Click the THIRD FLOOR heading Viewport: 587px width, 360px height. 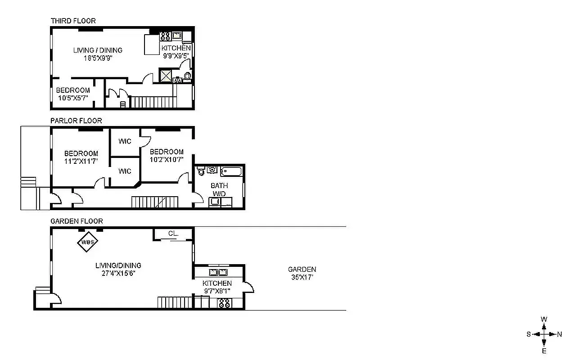pyautogui.click(x=73, y=21)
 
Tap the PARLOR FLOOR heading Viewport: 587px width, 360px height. pyautogui.click(x=76, y=121)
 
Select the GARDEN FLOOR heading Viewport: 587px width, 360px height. pyautogui.click(x=77, y=221)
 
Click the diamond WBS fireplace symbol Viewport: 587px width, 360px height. pyautogui.click(x=88, y=242)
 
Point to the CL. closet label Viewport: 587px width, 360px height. pyautogui.click(x=173, y=234)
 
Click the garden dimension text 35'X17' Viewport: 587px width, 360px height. pyautogui.click(x=302, y=277)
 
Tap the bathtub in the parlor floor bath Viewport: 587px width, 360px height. pyautogui.click(x=230, y=171)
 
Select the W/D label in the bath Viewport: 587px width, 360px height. pyautogui.click(x=219, y=193)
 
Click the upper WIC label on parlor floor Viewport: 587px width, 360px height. pyautogui.click(x=125, y=141)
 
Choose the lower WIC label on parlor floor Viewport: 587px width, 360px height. pyautogui.click(x=125, y=171)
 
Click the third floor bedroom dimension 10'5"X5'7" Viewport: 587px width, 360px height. pyautogui.click(x=73, y=98)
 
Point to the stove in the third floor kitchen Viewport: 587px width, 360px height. pyautogui.click(x=165, y=36)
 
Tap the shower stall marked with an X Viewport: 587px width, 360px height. pyautogui.click(x=166, y=76)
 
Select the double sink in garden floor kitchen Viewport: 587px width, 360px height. pyautogui.click(x=217, y=272)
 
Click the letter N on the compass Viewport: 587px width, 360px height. pyautogui.click(x=560, y=334)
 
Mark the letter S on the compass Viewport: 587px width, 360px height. pyautogui.click(x=529, y=334)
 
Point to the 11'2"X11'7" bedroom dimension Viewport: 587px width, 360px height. pyautogui.click(x=81, y=161)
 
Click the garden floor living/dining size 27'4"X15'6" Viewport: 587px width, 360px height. pyautogui.click(x=118, y=273)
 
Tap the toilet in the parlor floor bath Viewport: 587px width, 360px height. pyautogui.click(x=201, y=171)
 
